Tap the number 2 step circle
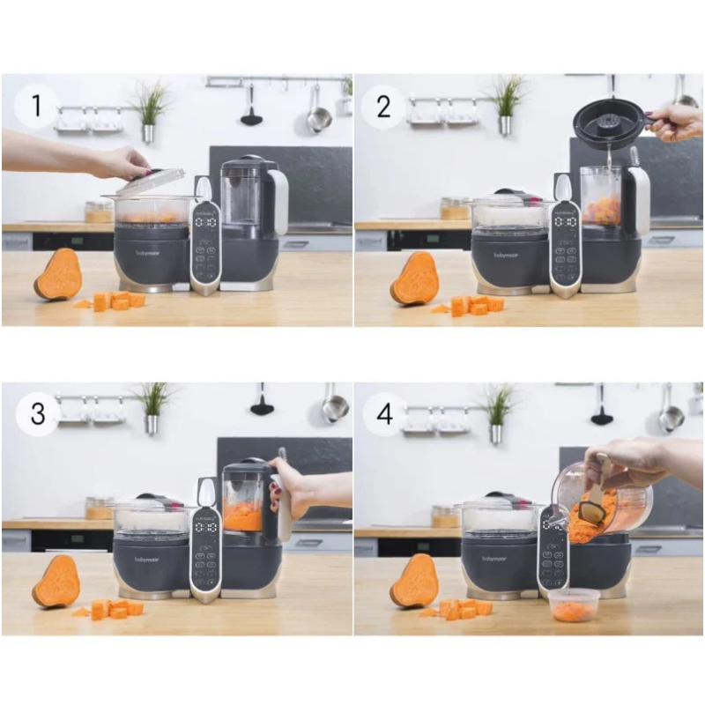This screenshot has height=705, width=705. [x=383, y=108]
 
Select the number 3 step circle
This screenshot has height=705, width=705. [x=38, y=414]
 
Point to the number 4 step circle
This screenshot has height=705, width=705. [x=385, y=414]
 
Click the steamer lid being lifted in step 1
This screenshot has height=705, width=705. [x=151, y=182]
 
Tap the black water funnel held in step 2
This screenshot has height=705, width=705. [x=607, y=122]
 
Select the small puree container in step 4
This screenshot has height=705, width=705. [x=573, y=605]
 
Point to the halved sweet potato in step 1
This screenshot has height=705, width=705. [x=59, y=275]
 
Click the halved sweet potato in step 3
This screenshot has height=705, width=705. [x=56, y=582]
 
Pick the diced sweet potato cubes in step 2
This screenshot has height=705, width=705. [x=476, y=305]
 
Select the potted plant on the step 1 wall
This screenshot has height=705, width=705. [x=150, y=109]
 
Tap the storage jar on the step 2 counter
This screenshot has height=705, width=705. [x=454, y=208]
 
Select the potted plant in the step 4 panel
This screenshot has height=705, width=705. [x=499, y=412]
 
